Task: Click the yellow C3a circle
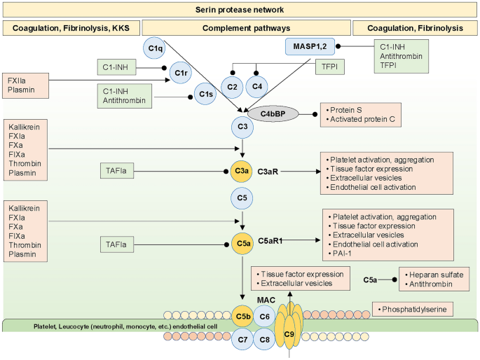242,170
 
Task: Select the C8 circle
264,341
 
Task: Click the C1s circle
205,94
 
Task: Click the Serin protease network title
240,10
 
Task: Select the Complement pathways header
246,28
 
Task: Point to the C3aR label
269,171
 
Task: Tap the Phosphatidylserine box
411,307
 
